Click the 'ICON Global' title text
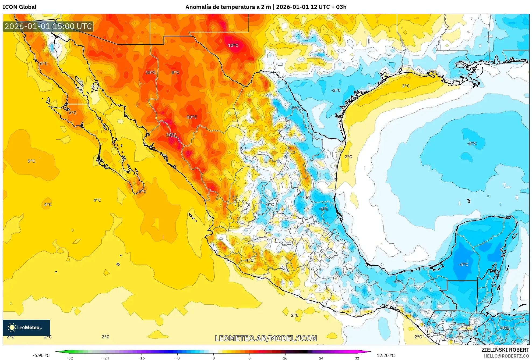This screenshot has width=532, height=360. [19, 7]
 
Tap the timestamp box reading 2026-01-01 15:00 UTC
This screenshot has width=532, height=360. [48, 26]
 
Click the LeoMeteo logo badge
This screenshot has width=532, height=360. [26, 327]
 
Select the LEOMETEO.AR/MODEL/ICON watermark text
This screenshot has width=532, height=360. [266, 338]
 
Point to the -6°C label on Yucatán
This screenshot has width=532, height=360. [463, 265]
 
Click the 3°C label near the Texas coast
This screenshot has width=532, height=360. [406, 86]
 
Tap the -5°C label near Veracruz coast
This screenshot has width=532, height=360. [323, 209]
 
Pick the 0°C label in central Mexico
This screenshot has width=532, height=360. [270, 205]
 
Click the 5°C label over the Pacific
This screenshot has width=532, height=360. [31, 161]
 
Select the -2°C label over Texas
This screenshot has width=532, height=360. [336, 91]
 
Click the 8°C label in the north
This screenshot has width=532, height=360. [175, 73]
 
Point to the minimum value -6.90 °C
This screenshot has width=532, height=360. [41, 355]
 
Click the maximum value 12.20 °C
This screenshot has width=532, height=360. [386, 355]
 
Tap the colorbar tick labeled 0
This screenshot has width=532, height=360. [214, 358]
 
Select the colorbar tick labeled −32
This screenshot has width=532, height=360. [70, 358]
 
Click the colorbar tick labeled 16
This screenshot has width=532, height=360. [285, 358]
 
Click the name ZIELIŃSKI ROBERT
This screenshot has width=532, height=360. [505, 350]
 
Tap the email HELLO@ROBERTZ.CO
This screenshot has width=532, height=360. [506, 356]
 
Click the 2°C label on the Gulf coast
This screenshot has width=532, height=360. [348, 157]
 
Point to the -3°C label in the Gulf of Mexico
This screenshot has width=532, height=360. [472, 144]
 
